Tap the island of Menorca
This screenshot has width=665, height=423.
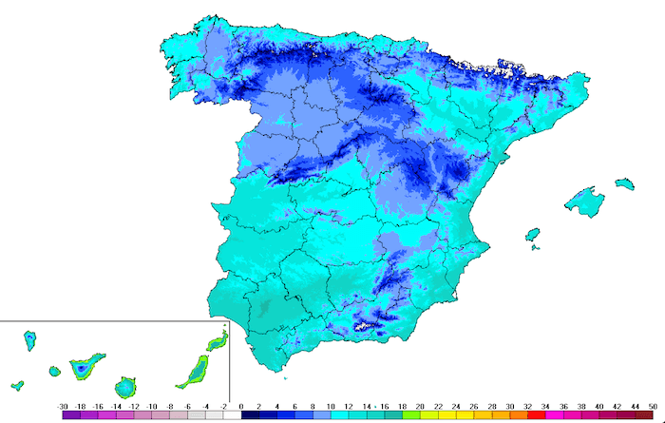pyautogui.click(x=624, y=182)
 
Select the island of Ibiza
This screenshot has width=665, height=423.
pyautogui.click(x=532, y=234)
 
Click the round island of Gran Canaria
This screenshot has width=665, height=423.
pyautogui.click(x=124, y=388)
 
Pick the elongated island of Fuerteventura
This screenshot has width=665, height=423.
pyautogui.click(x=194, y=370)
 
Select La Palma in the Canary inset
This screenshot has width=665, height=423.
pyautogui.click(x=30, y=338)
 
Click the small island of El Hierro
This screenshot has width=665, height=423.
pyautogui.click(x=17, y=386)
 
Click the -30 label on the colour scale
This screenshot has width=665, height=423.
pyautogui.click(x=63, y=405)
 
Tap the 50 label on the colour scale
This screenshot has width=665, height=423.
pyautogui.click(x=653, y=405)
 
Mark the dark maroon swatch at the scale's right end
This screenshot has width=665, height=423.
pyautogui.click(x=644, y=414)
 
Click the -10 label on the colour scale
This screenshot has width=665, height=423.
pyautogui.click(x=151, y=405)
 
